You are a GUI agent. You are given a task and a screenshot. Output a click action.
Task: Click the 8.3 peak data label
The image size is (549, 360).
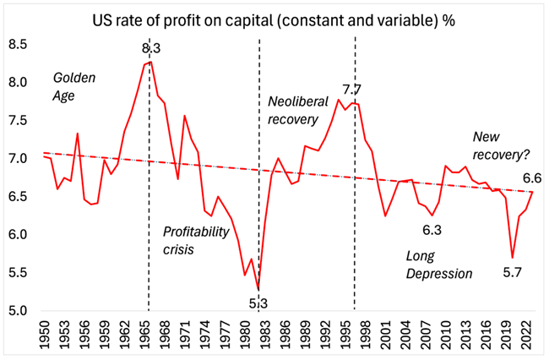coord(151,49)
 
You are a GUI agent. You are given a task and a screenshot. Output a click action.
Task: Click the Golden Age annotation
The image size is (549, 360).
coord(74,86)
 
